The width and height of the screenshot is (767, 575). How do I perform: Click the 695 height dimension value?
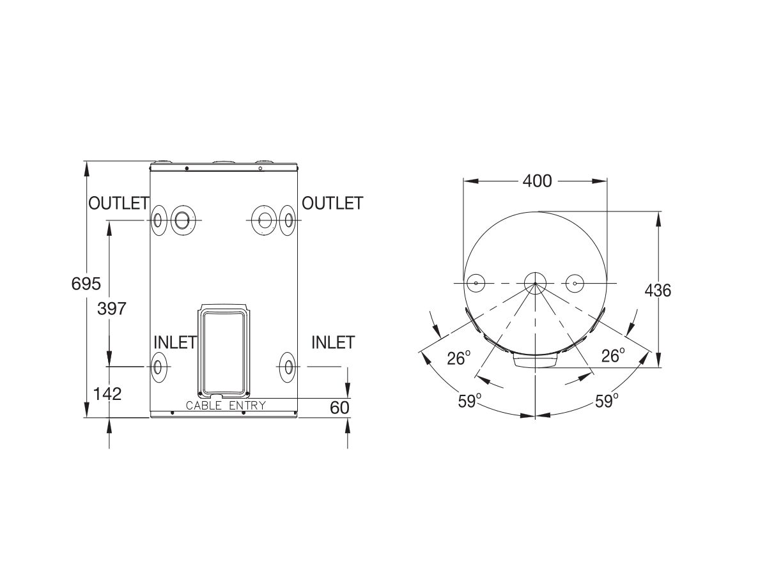(86, 283)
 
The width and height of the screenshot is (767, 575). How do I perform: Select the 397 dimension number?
(112, 309)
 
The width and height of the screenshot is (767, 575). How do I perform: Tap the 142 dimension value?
(107, 394)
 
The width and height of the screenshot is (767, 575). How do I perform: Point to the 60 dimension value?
(339, 407)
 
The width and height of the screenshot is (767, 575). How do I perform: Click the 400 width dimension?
(536, 181)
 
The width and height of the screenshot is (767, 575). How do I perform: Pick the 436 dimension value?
(658, 291)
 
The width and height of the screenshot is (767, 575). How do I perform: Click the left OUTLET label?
(118, 203)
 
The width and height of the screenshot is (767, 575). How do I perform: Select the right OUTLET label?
(332, 203)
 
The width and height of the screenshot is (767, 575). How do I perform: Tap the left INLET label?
(174, 342)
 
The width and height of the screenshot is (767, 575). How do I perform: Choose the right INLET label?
(332, 342)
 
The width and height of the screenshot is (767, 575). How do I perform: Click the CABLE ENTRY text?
(225, 406)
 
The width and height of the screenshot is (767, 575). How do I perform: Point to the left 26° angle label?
(458, 358)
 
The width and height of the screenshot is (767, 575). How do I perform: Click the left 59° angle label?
(470, 401)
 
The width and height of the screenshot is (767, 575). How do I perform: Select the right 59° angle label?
(607, 401)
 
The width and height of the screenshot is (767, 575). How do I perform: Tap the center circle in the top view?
(535, 283)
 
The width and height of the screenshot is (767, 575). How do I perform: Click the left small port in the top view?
(476, 283)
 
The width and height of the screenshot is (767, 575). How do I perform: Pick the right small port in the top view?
(575, 283)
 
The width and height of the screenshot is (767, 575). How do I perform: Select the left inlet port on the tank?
(158, 367)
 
